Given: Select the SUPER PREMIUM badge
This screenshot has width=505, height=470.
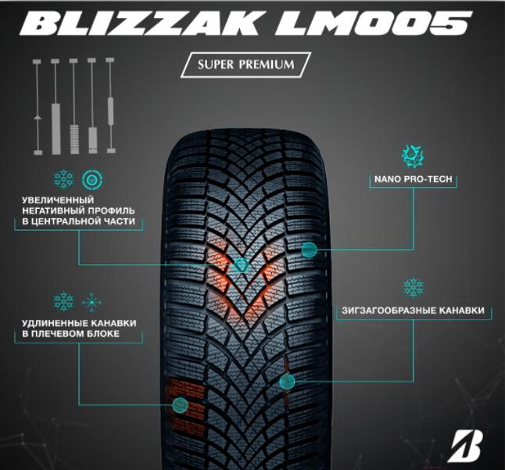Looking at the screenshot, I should coord(245,64).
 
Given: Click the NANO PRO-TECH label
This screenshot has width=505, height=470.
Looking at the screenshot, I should coord(412,180).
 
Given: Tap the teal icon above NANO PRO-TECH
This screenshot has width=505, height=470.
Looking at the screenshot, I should coord(411,154).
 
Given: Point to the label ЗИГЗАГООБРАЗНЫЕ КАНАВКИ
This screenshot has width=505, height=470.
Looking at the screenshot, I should coord(413,310).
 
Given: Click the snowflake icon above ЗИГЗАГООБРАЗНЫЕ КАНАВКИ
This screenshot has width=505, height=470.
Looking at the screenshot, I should coord(413,287).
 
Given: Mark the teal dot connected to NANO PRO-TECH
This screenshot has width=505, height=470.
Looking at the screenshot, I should coord(310,249).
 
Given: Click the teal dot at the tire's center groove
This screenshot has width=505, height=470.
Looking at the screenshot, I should coord(242,265).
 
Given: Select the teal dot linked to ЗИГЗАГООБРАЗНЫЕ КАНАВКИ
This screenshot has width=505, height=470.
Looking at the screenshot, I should coord(287,381).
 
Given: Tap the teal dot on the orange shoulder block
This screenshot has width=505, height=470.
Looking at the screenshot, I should coord(180,404).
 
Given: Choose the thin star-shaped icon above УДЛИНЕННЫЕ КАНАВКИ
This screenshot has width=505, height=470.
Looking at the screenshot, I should coord(92,301).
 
